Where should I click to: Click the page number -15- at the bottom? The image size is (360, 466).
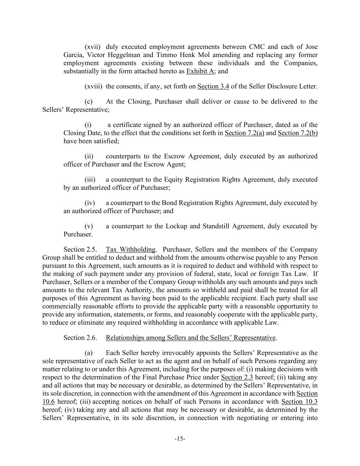pyautogui.click(x=180, y=439)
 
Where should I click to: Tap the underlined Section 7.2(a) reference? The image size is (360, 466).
pyautogui.click(x=244, y=133)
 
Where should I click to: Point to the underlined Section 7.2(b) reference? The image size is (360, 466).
pyautogui.click(x=298, y=133)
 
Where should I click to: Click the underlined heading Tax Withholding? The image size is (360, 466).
pyautogui.click(x=130, y=250)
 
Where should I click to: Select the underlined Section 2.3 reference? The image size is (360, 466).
pyautogui.click(x=237, y=377)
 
